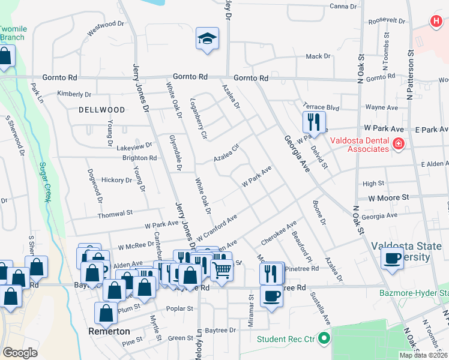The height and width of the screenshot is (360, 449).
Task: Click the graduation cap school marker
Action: pos(207,40)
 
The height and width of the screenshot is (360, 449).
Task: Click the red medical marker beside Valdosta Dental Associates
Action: pos(398,143)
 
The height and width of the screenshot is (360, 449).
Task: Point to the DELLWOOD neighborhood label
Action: pos(101,110)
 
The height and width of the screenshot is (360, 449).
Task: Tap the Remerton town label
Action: pos(109,331)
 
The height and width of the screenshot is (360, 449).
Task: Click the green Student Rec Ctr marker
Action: pos(325,339)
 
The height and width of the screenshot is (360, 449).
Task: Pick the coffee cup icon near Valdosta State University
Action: pos(392,258)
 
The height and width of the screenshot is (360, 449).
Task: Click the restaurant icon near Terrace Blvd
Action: pos(313,122)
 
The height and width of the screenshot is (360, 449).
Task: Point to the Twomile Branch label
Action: pos(12,32)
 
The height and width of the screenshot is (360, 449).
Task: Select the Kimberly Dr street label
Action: pos(74,94)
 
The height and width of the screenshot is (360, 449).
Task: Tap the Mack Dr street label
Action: pos(318,56)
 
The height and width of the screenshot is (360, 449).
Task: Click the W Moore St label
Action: pos(388,197)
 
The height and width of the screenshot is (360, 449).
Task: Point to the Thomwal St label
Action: pos(115,213)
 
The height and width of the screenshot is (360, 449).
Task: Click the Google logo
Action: pos(20,353)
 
